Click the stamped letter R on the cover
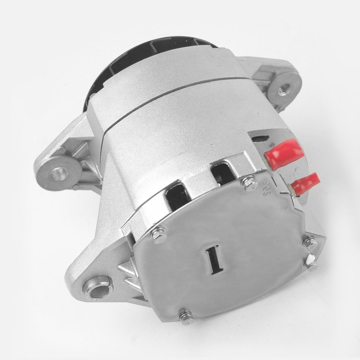click(283, 208)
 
